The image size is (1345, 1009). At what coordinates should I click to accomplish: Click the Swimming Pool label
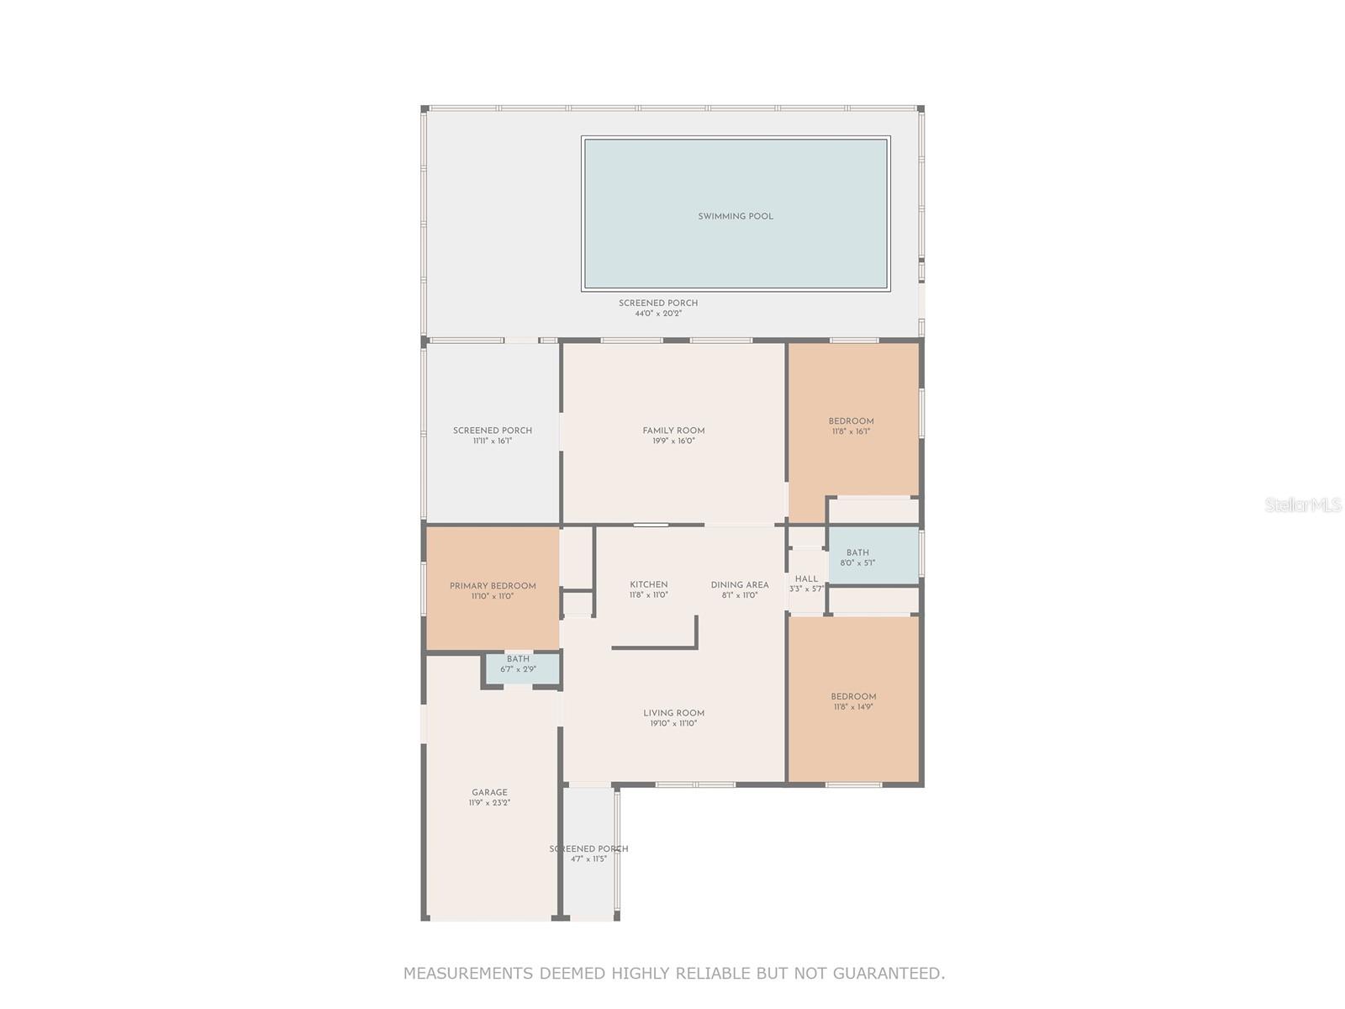(736, 216)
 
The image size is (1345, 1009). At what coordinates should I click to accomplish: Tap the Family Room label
(673, 431)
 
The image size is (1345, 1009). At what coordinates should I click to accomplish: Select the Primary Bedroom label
(493, 586)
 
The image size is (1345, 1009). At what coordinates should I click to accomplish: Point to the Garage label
(489, 792)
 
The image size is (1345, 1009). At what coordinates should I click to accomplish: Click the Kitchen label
(649, 584)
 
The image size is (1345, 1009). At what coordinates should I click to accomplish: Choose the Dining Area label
(740, 584)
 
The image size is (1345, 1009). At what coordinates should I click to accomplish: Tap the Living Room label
(673, 713)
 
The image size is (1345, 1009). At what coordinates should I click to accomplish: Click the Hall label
(806, 578)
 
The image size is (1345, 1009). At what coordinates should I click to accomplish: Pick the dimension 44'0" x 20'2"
(658, 314)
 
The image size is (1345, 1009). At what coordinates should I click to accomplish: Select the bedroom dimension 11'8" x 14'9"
(853, 707)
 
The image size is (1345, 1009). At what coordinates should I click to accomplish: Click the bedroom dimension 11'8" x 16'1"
(851, 431)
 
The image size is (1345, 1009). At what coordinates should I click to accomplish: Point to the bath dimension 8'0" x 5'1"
(857, 563)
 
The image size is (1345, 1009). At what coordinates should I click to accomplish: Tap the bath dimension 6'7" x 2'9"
(518, 669)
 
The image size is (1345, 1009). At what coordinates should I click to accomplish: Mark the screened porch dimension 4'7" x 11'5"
(588, 858)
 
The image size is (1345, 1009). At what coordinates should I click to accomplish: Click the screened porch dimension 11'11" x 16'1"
(493, 441)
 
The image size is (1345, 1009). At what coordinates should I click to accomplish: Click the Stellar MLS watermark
(1303, 504)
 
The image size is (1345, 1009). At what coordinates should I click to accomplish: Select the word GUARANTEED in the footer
(889, 974)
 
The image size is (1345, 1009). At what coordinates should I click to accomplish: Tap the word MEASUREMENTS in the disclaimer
(467, 974)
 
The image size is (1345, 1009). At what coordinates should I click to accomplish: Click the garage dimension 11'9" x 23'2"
(489, 803)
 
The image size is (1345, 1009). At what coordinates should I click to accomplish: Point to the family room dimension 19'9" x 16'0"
(673, 441)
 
